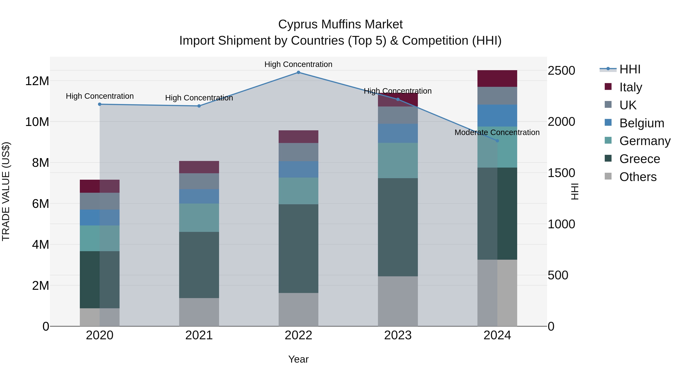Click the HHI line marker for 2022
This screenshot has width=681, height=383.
299,72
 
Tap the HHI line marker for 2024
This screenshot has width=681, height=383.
497,141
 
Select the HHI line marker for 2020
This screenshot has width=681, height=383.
100,104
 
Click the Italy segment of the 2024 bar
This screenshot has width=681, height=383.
497,78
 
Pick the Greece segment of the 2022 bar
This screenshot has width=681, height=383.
299,249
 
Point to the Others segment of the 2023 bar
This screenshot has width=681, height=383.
398,301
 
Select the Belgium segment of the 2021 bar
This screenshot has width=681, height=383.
199,196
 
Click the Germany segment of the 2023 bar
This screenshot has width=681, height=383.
398,160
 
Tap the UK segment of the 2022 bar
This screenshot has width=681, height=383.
299,152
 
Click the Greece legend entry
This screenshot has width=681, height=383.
640,159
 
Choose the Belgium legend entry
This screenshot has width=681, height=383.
642,123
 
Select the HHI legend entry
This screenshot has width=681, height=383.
630,69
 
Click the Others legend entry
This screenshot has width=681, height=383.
638,177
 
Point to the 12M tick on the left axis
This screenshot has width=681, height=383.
37,81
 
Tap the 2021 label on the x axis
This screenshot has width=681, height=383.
199,335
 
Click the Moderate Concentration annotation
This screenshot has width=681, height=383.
497,132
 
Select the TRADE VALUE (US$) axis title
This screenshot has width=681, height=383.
6,191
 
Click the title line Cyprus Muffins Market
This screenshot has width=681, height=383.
340,24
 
